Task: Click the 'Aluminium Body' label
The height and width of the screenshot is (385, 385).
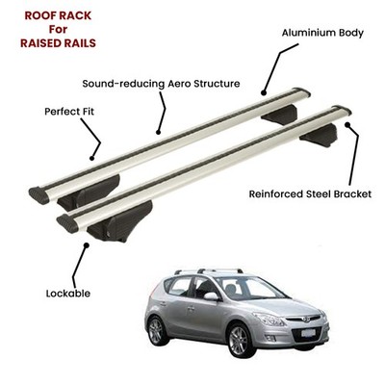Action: coord(322,33)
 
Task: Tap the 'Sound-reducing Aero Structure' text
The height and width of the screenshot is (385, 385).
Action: coord(161,84)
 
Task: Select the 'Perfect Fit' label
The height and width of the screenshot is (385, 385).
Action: coord(69,112)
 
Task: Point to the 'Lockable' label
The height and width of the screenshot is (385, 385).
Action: coord(68,294)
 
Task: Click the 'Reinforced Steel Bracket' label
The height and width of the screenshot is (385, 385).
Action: coord(310,194)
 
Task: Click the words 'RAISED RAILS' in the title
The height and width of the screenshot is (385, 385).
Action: coord(58,43)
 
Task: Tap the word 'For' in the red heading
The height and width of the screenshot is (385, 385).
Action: coord(58,29)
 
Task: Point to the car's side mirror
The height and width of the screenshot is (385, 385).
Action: coord(211,295)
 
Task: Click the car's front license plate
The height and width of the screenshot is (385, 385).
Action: coord(308,333)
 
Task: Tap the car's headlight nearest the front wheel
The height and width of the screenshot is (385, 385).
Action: coord(269,319)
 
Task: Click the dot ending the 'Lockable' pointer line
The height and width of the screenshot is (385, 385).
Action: coord(86,245)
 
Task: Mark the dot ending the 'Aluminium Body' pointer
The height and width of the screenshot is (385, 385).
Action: coord(264,93)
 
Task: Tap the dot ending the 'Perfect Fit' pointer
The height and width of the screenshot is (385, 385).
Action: coord(91,158)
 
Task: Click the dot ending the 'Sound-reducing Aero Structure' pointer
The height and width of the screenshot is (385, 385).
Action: coord(158,132)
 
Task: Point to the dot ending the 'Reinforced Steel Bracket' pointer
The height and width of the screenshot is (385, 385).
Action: coord(347,125)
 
